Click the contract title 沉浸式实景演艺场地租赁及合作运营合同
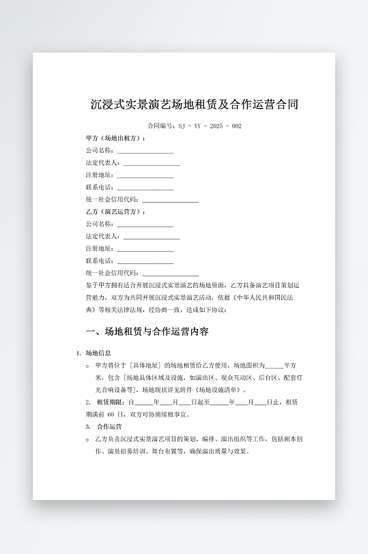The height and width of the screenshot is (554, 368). coord(194,105)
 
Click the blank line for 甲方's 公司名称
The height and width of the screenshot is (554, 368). coord(145,151)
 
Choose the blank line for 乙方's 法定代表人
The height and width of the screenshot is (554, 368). coord(152,237)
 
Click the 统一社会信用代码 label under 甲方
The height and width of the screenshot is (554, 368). coord(113,200)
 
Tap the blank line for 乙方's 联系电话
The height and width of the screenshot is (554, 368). coord(145,261)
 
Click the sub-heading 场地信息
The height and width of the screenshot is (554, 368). coord(98,353)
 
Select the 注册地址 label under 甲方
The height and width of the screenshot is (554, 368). coord(100,175)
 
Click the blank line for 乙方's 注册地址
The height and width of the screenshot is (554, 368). coord(145,249)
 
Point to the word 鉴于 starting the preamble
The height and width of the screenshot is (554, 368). coord(92,285)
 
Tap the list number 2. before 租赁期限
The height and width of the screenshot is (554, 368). coord(87,402)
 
